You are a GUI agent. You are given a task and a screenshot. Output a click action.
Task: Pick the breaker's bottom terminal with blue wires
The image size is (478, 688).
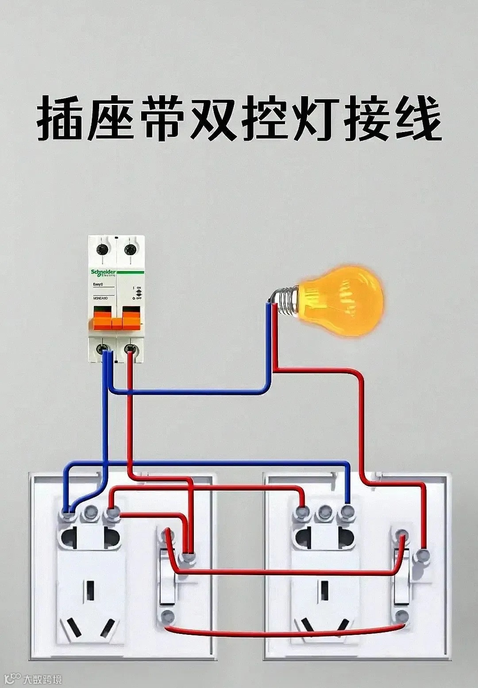point(105,350)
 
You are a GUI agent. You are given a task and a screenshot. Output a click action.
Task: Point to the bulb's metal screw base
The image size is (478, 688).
point(288,300)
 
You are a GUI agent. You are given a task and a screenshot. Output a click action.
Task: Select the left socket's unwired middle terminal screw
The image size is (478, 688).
point(92,512)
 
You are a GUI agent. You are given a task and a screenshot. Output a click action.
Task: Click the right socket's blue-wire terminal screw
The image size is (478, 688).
point(347,512)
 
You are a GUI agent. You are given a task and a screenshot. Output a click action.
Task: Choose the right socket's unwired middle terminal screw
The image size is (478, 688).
point(325,512)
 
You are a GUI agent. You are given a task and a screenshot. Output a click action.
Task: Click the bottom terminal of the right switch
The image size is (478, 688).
point(401,616)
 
